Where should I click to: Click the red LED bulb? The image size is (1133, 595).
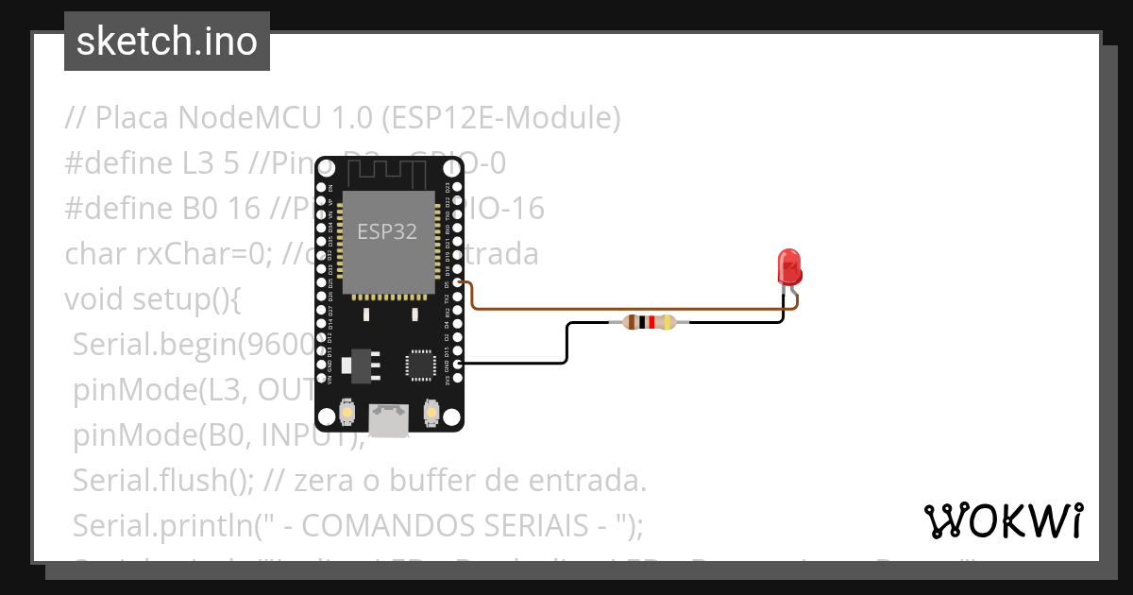pos(788,265)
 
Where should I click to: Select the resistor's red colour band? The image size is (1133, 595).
pos(651,322)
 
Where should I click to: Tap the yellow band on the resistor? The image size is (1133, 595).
pos(668,322)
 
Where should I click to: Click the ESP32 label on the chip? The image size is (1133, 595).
pos(387,231)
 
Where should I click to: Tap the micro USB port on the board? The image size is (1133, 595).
pos(388,420)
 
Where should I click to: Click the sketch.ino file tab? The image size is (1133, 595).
pos(167,42)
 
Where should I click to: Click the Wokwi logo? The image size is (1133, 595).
pos(1003,520)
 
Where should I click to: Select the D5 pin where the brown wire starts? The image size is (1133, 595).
pos(457,281)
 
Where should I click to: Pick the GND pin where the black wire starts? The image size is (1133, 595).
pos(457,363)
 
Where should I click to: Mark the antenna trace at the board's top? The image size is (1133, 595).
pos(388,173)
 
